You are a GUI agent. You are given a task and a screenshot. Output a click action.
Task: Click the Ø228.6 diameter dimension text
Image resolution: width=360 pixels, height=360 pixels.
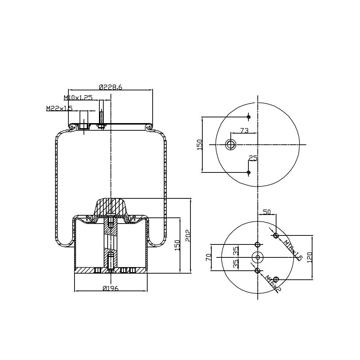click(x=111, y=87)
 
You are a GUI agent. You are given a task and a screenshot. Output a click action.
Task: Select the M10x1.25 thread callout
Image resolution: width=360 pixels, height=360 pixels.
click(x=78, y=98)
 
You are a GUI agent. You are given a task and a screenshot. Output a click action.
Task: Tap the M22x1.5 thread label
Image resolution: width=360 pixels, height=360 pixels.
click(x=59, y=108)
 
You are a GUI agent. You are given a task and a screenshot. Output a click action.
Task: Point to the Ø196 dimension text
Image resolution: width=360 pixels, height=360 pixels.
click(x=111, y=288)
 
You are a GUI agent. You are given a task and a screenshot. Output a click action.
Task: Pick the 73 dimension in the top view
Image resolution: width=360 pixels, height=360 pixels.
click(x=244, y=131)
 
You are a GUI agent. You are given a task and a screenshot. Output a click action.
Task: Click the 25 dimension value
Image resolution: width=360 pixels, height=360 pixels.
click(x=253, y=158)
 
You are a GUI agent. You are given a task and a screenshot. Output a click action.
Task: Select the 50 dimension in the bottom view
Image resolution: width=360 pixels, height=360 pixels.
click(x=267, y=212)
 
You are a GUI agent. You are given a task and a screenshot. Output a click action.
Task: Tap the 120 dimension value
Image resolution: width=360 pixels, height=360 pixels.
click(x=310, y=257)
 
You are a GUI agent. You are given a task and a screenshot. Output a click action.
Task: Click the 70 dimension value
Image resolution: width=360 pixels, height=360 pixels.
click(x=208, y=257)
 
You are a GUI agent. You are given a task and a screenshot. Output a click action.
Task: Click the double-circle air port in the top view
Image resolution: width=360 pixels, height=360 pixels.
click(x=230, y=145)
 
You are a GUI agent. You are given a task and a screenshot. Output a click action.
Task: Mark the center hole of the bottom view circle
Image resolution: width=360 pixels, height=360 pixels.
click(x=257, y=257)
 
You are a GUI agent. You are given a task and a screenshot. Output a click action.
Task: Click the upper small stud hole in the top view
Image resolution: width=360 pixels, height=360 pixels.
click(x=248, y=117)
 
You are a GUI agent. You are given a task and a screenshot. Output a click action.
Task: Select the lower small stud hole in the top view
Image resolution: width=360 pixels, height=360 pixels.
click(x=248, y=172)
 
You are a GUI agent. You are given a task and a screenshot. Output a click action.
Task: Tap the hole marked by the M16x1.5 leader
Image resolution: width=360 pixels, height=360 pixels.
click(x=276, y=235)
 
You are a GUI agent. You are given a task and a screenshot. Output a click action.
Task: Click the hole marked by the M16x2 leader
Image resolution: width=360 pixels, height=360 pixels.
click(x=257, y=270)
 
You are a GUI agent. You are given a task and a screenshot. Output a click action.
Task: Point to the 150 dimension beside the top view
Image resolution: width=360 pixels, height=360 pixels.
click(x=200, y=145)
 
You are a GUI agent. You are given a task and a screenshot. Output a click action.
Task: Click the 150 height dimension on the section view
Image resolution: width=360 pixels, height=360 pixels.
click(x=177, y=246)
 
